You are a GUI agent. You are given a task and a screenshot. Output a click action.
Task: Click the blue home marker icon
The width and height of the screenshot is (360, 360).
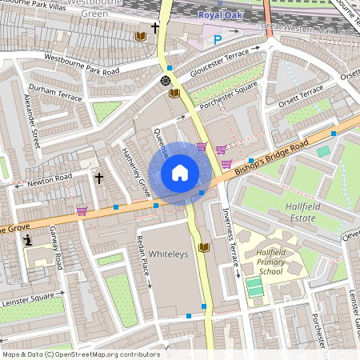click(x=180, y=173)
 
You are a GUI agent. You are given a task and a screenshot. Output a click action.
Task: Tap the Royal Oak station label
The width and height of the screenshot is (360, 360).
click(x=218, y=14)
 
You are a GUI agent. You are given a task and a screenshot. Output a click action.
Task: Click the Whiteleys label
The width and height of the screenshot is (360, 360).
click(x=168, y=253)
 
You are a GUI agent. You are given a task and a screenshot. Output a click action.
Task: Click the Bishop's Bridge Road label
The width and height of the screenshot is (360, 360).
click(x=273, y=149)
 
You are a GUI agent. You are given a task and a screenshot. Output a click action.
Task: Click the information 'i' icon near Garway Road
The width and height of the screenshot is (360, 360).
click(x=28, y=239)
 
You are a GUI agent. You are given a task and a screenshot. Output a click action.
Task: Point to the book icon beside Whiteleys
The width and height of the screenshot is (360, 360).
click(x=202, y=247)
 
